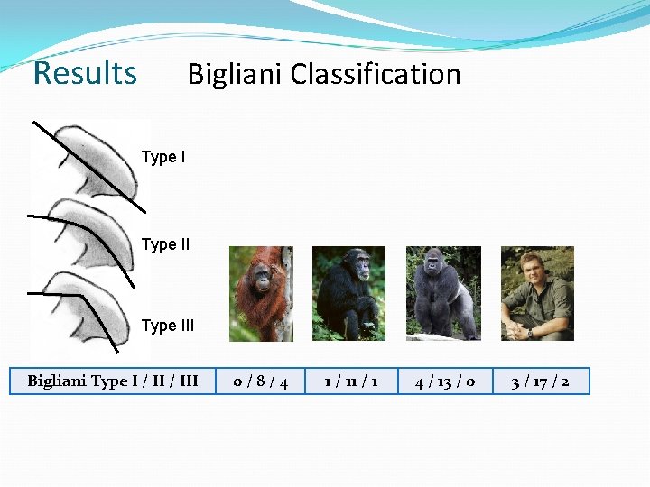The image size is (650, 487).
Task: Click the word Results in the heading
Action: click(85, 73)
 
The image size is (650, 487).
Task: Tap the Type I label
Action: click(163, 158)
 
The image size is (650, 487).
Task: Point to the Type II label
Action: click(165, 244)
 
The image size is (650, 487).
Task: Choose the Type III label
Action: click(167, 326)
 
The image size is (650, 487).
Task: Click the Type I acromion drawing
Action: click(95, 162)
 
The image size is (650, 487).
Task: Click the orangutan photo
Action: click(261, 294)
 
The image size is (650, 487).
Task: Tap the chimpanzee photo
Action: click(348, 294)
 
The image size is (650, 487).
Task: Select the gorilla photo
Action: click(443, 294)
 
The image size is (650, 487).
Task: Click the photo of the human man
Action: click(537, 294)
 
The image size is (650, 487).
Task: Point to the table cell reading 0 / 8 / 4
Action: click(261, 381)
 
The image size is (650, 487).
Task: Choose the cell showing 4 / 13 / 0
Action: click(444, 381)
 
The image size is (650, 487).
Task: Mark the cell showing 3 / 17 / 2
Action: click(539, 381)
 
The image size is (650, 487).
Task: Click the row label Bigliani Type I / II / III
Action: click(113, 381)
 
